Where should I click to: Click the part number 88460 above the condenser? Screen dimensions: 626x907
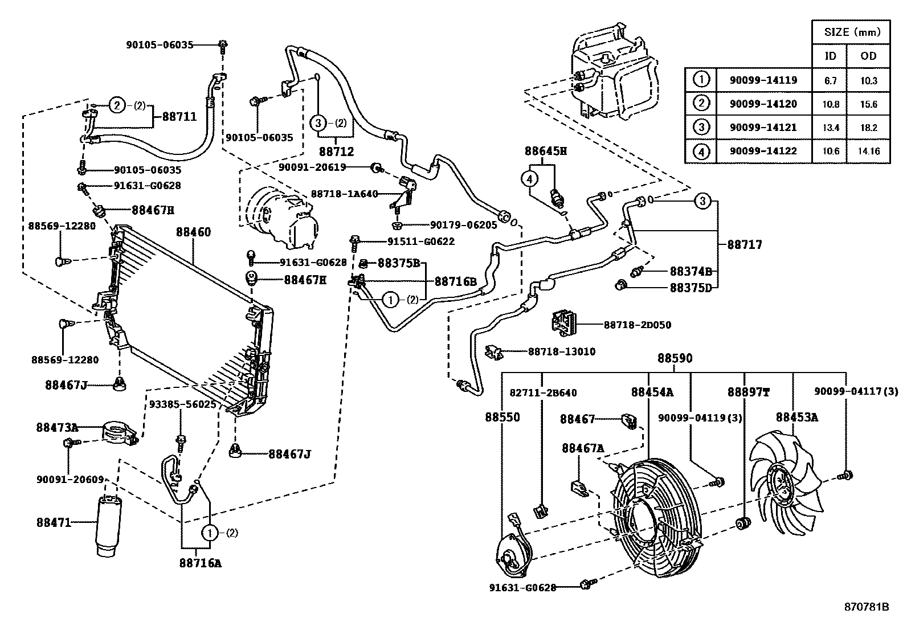[193, 232]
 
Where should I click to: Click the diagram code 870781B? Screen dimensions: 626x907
[866, 607]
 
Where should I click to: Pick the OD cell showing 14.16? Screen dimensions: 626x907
[868, 151]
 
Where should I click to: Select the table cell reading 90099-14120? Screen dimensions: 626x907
[763, 104]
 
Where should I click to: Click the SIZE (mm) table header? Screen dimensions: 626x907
[850, 32]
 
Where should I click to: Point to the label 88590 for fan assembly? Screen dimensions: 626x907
[675, 358]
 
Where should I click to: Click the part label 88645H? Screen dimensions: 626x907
[545, 152]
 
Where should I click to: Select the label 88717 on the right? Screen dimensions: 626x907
[744, 245]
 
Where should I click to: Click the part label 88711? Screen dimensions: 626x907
[179, 117]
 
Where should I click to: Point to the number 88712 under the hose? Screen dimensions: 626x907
[336, 152]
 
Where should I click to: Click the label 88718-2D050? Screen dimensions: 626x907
[637, 325]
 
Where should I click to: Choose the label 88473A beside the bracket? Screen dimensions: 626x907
[57, 427]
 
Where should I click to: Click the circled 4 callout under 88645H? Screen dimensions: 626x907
[529, 179]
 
